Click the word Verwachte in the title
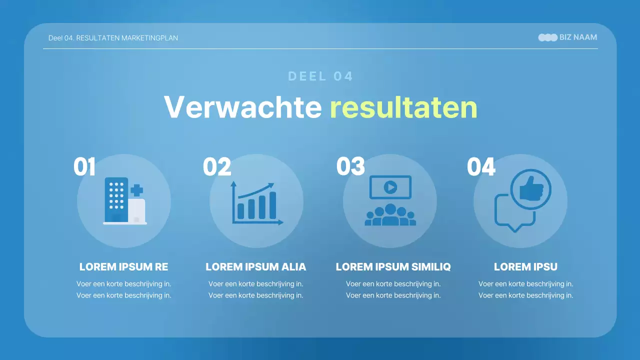click(242, 106)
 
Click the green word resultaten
click(403, 106)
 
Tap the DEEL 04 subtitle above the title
click(320, 76)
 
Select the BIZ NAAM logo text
click(578, 37)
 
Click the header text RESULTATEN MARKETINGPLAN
click(127, 38)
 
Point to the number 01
click(84, 167)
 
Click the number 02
click(217, 167)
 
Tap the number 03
click(350, 166)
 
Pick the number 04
click(481, 167)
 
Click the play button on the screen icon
click(390, 187)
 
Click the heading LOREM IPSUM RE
click(124, 267)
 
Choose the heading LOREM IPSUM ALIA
click(256, 267)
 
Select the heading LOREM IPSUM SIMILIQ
click(393, 267)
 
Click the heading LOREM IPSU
click(525, 267)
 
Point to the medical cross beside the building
click(136, 190)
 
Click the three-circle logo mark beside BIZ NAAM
click(547, 37)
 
